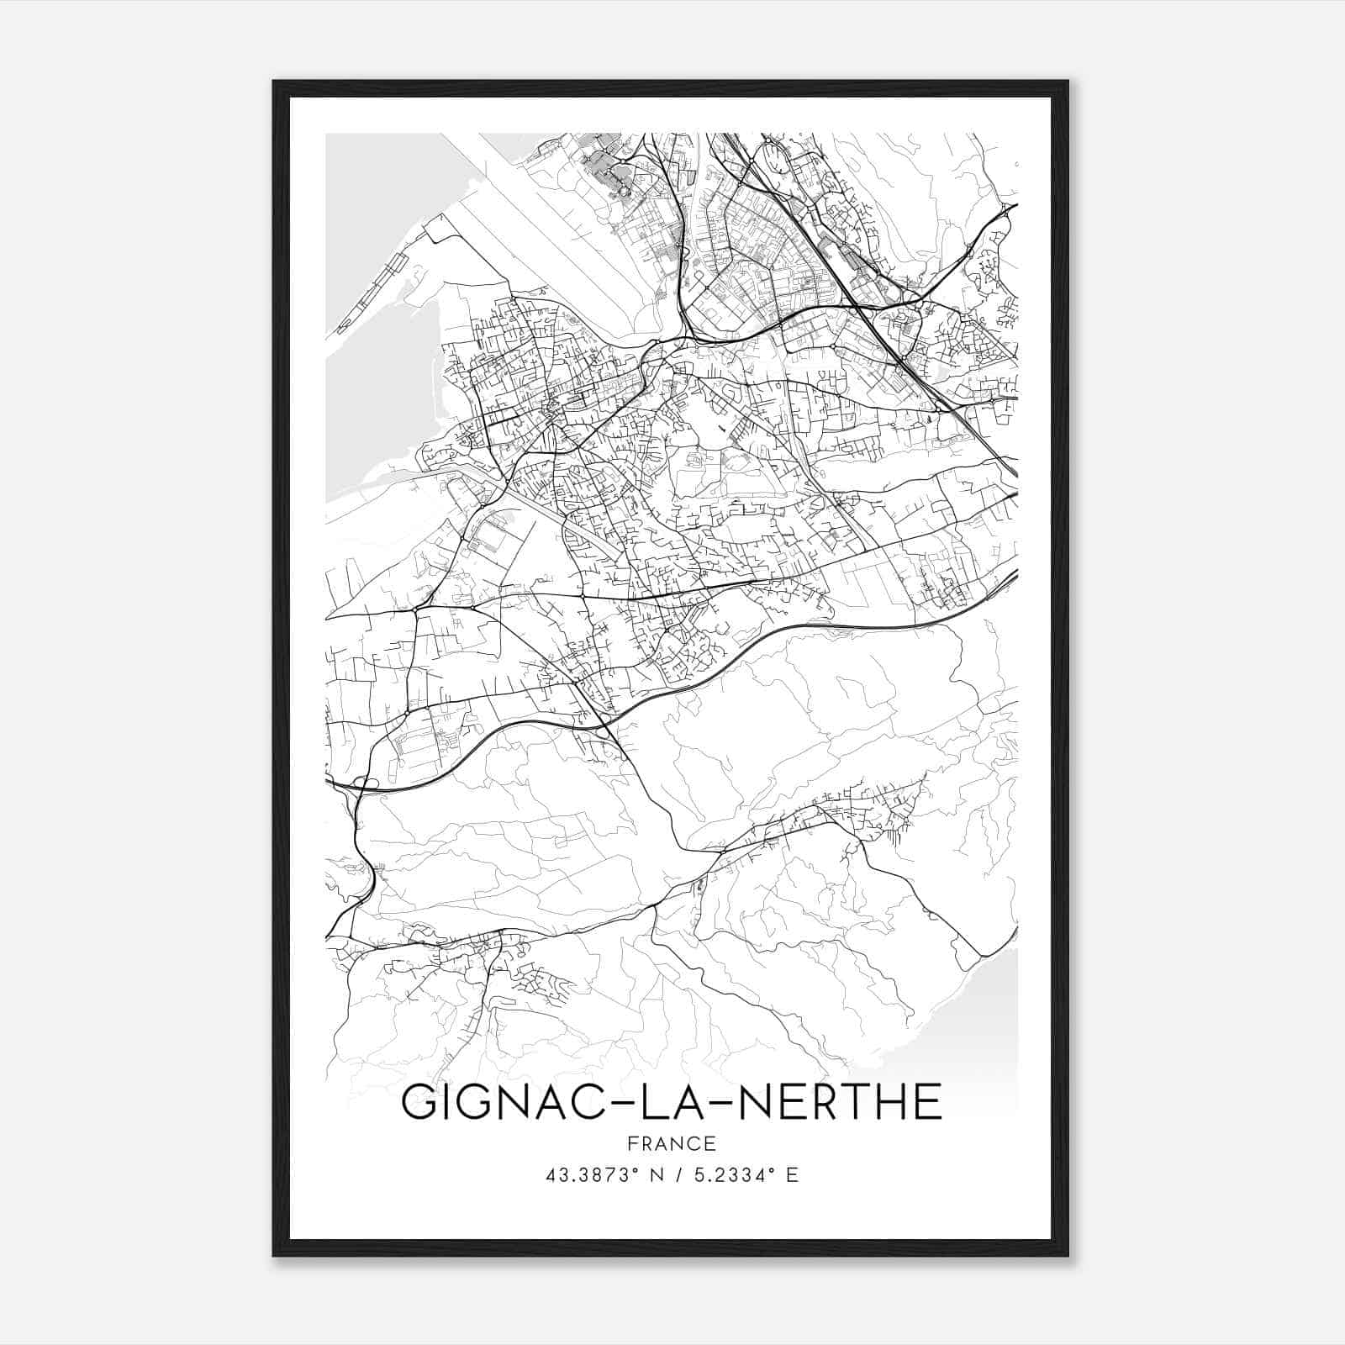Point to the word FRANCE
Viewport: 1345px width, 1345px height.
click(x=671, y=1143)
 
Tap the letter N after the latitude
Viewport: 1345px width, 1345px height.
click(x=657, y=1175)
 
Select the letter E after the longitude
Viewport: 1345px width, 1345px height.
click(x=791, y=1175)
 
